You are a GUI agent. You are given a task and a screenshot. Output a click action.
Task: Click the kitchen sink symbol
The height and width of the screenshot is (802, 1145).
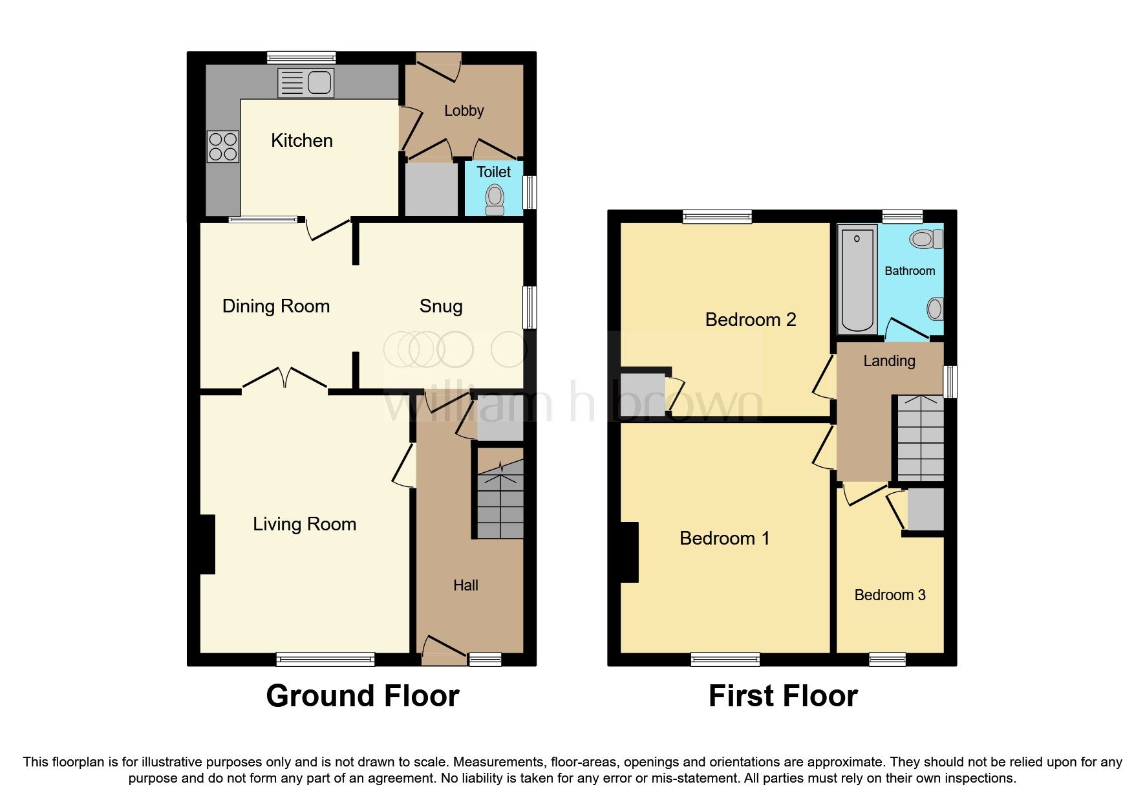(x=306, y=83)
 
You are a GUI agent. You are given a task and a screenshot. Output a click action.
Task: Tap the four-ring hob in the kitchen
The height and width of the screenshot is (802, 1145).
(x=222, y=147)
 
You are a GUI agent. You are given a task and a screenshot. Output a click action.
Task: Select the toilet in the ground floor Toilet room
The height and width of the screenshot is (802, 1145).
(x=495, y=199)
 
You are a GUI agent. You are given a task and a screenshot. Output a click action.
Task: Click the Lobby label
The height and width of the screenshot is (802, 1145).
(x=464, y=111)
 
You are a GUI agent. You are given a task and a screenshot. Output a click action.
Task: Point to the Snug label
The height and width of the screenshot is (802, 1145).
(x=441, y=306)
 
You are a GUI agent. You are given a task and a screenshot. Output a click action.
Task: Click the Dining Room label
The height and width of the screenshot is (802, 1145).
(x=276, y=306)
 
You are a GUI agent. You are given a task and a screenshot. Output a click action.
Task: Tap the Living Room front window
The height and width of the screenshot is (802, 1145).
(x=325, y=659)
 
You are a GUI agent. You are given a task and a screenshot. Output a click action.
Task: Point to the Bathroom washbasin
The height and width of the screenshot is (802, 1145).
(x=934, y=309)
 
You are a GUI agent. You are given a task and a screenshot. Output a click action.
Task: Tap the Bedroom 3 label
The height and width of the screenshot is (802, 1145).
(x=890, y=595)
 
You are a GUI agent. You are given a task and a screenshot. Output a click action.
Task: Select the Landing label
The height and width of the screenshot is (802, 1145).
(x=889, y=361)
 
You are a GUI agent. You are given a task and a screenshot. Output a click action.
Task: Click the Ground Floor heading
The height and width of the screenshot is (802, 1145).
(x=362, y=696)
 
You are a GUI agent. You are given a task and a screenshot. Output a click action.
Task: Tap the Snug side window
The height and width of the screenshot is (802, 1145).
(x=530, y=308)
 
